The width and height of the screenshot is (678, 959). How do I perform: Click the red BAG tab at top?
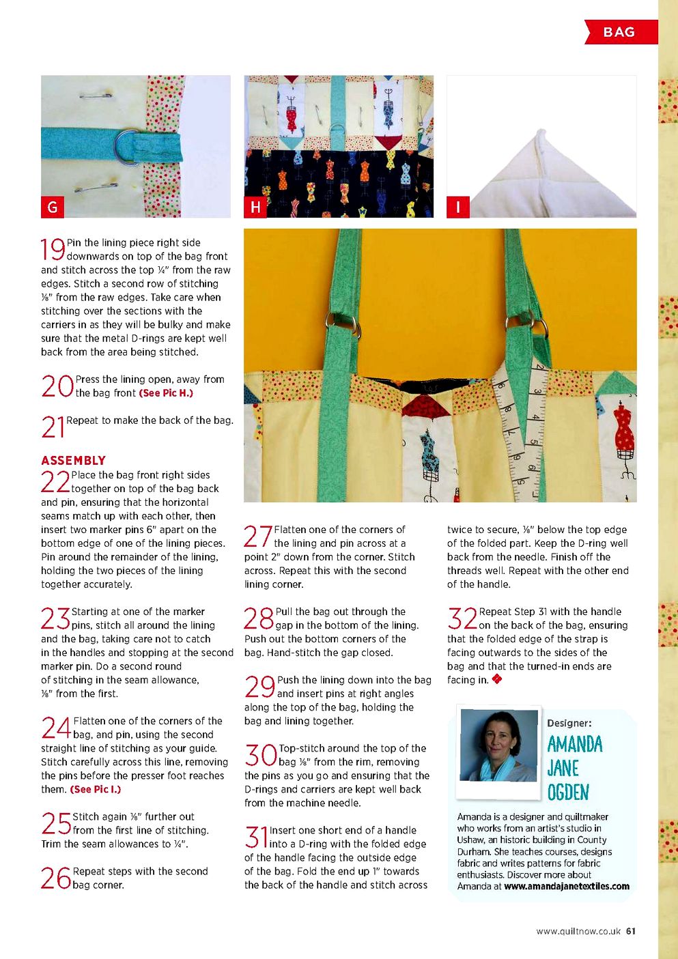(x=620, y=32)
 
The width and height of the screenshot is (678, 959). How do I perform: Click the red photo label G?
(x=53, y=207)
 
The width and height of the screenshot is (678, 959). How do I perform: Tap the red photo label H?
(x=255, y=207)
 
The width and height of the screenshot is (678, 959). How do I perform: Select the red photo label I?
(x=457, y=207)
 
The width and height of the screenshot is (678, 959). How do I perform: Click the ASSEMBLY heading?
(x=74, y=461)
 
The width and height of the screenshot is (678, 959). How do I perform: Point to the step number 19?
(x=53, y=250)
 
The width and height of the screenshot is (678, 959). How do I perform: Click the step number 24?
(x=56, y=728)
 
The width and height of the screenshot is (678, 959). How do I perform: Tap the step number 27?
(x=258, y=536)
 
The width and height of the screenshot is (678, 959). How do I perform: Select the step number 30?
(x=260, y=756)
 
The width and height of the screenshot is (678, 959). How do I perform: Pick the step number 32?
(x=462, y=618)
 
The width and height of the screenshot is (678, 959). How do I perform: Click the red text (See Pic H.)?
(x=166, y=393)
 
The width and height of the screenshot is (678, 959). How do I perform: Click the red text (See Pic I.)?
(x=96, y=790)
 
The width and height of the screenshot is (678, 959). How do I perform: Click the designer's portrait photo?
(x=498, y=745)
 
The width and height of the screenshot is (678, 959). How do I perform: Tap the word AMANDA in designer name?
(x=575, y=744)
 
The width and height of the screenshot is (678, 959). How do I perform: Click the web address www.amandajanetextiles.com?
(x=566, y=887)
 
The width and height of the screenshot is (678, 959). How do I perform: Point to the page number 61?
(x=631, y=931)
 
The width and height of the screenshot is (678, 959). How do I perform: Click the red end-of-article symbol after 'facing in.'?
(x=497, y=679)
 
